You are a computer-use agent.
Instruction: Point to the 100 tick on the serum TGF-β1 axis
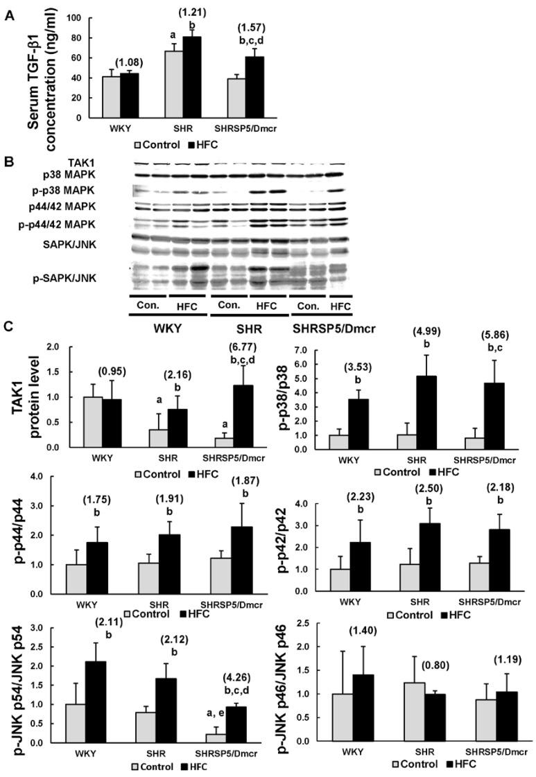[73, 18]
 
